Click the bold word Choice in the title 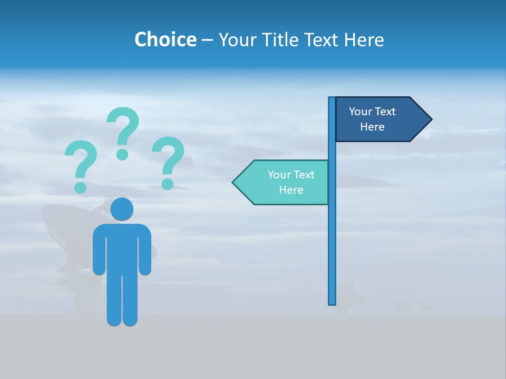(165, 39)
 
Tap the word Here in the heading (364, 39)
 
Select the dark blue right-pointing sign (377, 119)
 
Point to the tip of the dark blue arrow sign (431, 119)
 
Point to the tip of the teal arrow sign (233, 183)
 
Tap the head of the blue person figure (122, 209)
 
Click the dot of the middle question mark (122, 154)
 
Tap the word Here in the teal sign (291, 190)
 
